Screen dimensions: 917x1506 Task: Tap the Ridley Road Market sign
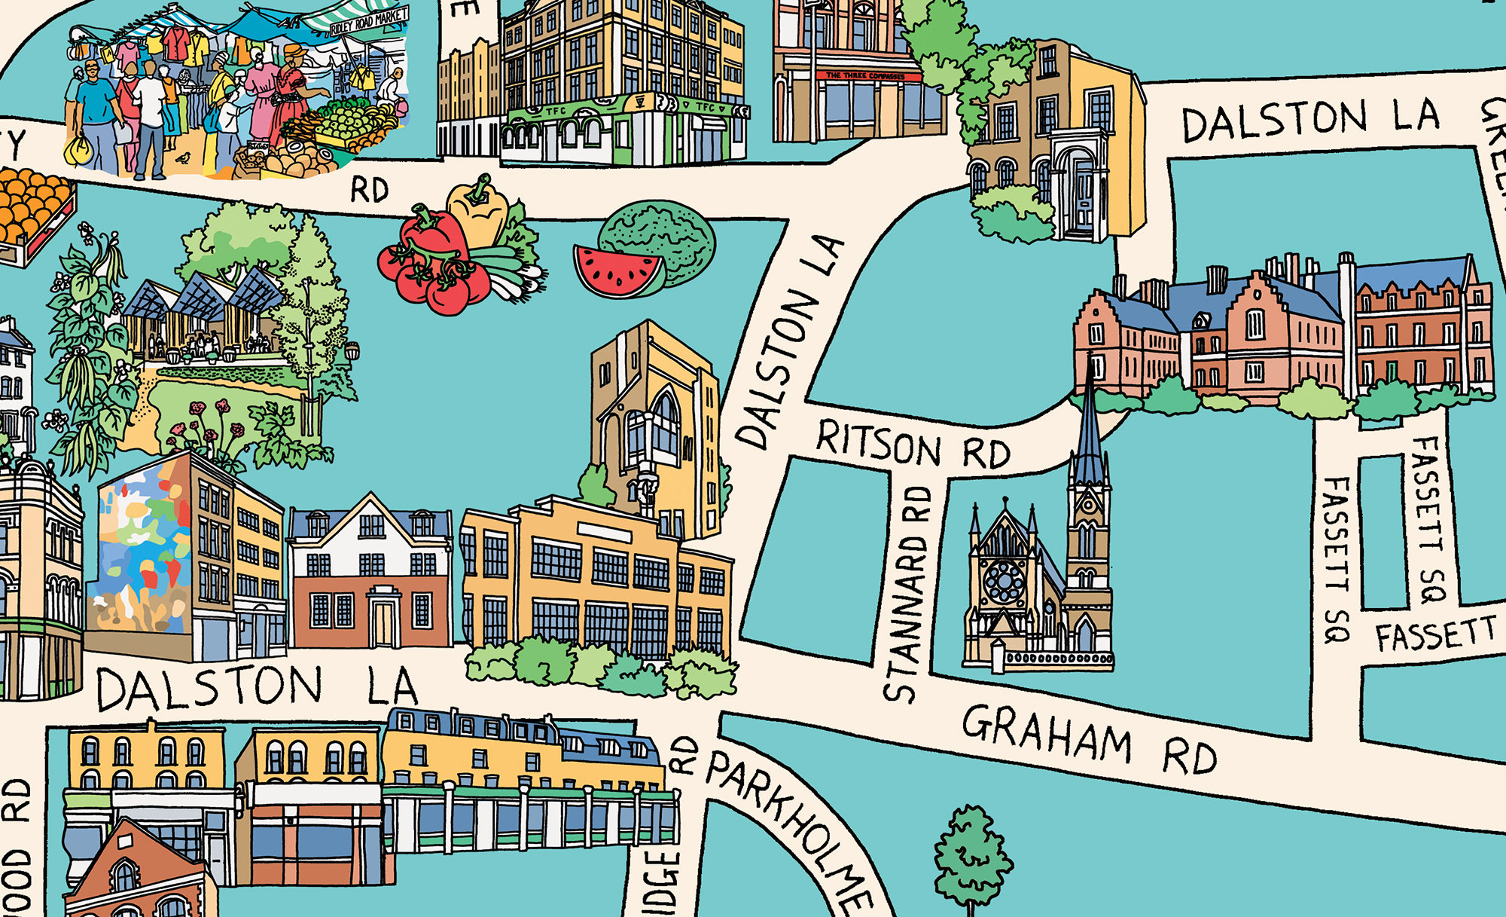coord(368,21)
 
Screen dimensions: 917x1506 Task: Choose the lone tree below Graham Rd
coord(971,859)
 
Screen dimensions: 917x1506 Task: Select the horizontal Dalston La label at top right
coord(1310,121)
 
